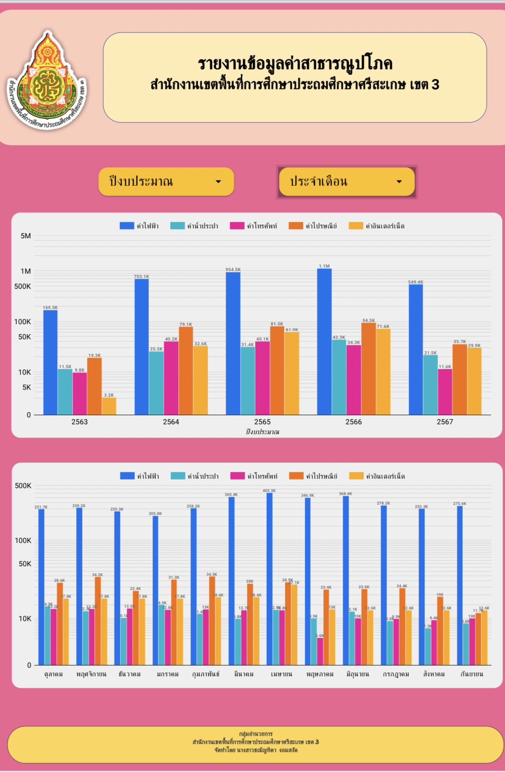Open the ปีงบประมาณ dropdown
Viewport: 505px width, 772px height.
point(166,182)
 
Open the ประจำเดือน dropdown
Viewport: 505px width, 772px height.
point(346,182)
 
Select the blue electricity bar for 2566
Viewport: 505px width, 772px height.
point(324,342)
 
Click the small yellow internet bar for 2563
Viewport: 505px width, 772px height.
point(109,406)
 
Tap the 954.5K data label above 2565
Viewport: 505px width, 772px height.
point(233,269)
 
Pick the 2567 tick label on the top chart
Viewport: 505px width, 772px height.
point(444,422)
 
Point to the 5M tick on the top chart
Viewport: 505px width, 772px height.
point(25,236)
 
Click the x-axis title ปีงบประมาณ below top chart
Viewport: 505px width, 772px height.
point(262,432)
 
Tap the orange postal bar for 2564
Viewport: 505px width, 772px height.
point(186,371)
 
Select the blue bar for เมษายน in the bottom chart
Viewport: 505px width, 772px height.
point(270,579)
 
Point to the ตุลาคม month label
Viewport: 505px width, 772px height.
point(53,674)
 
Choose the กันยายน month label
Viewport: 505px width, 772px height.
point(471,674)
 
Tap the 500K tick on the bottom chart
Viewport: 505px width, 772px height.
point(23,486)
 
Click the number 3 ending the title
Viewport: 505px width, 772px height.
point(435,84)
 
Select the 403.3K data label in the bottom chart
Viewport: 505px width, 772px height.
point(269,490)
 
